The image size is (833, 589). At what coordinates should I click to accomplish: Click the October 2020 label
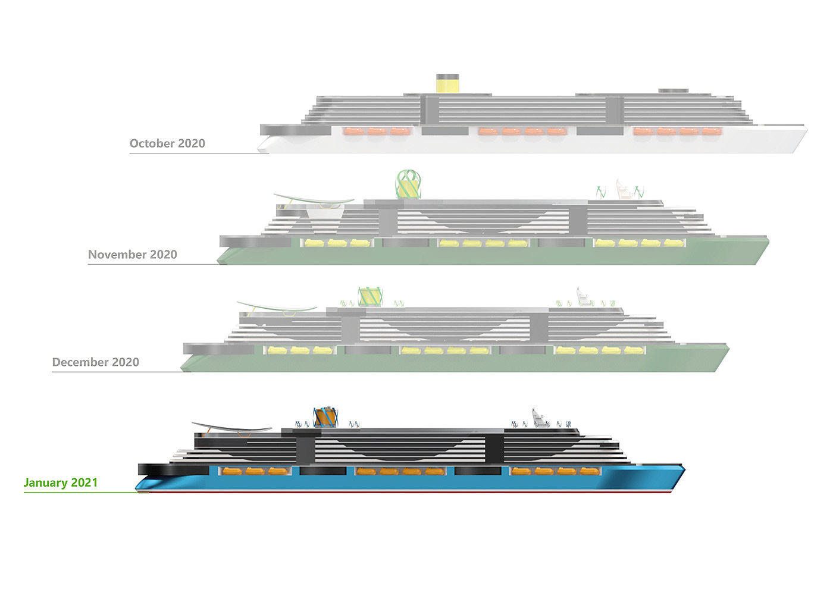coord(167,143)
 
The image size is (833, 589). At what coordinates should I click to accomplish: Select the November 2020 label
coord(133,255)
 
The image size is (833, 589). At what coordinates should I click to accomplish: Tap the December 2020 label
coord(96,362)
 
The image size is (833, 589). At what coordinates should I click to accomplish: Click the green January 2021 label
coord(61,483)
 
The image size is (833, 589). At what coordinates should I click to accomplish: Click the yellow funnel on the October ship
coord(447,84)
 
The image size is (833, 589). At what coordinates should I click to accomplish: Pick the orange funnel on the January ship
coord(325,417)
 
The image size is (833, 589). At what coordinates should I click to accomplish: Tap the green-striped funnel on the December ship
coord(369,297)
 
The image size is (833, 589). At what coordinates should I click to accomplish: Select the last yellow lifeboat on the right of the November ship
coord(673,243)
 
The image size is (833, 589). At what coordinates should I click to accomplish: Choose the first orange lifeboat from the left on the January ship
coord(232,471)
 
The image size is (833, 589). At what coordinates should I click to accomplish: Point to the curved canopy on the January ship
coord(232,427)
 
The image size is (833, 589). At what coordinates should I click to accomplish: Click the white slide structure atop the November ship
coord(624,189)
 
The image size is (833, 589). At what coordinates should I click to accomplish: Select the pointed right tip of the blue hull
coord(684,469)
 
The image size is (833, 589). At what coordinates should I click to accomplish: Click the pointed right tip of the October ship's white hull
coord(806,129)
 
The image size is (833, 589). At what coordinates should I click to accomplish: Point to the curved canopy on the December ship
coord(277,307)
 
